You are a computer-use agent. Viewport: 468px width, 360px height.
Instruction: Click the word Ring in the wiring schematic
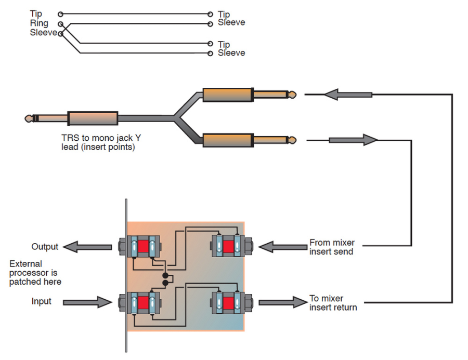point(39,23)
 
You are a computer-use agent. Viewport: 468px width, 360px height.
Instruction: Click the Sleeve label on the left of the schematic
point(43,33)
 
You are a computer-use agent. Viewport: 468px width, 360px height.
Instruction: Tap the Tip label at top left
point(36,14)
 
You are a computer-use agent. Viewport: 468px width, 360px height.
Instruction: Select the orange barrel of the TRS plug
point(93,118)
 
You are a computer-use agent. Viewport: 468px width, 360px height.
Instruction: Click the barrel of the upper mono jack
point(228,95)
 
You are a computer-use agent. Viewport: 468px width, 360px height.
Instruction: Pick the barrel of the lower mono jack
point(228,140)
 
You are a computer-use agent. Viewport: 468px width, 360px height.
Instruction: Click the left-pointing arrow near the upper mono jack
point(347,95)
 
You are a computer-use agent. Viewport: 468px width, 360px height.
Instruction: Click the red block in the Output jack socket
point(143,246)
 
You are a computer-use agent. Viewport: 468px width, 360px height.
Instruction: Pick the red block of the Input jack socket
point(143,303)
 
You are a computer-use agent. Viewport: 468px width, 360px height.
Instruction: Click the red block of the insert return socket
point(227,303)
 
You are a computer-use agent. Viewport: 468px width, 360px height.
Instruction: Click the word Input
point(42,301)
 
